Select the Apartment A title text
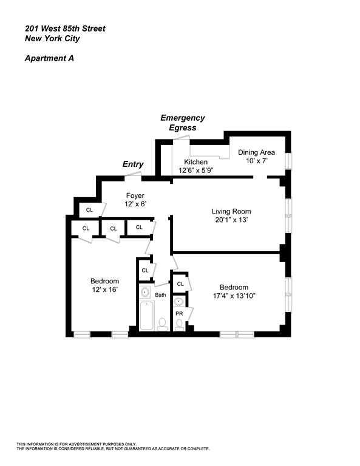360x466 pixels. pyautogui.click(x=49, y=59)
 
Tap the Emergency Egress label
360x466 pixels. pyautogui.click(x=182, y=123)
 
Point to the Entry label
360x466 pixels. pyautogui.click(x=133, y=164)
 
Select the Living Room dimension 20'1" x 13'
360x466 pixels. pyautogui.click(x=231, y=220)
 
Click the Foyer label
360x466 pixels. pyautogui.click(x=134, y=195)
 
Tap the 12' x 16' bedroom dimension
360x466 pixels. pyautogui.click(x=104, y=290)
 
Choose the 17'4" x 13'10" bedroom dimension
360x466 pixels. pyautogui.click(x=233, y=295)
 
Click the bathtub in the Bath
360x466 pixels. pyautogui.click(x=146, y=316)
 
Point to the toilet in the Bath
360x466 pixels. pyautogui.click(x=162, y=325)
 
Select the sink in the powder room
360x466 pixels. pyautogui.click(x=179, y=301)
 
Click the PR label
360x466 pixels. pyautogui.click(x=179, y=314)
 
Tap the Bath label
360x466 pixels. pyautogui.click(x=160, y=295)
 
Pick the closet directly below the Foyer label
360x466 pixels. pyautogui.click(x=139, y=228)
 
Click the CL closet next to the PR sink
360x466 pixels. pyautogui.click(x=180, y=284)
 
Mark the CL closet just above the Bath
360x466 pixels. pyautogui.click(x=144, y=270)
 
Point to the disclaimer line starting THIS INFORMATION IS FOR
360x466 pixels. pyautogui.click(x=76, y=444)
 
